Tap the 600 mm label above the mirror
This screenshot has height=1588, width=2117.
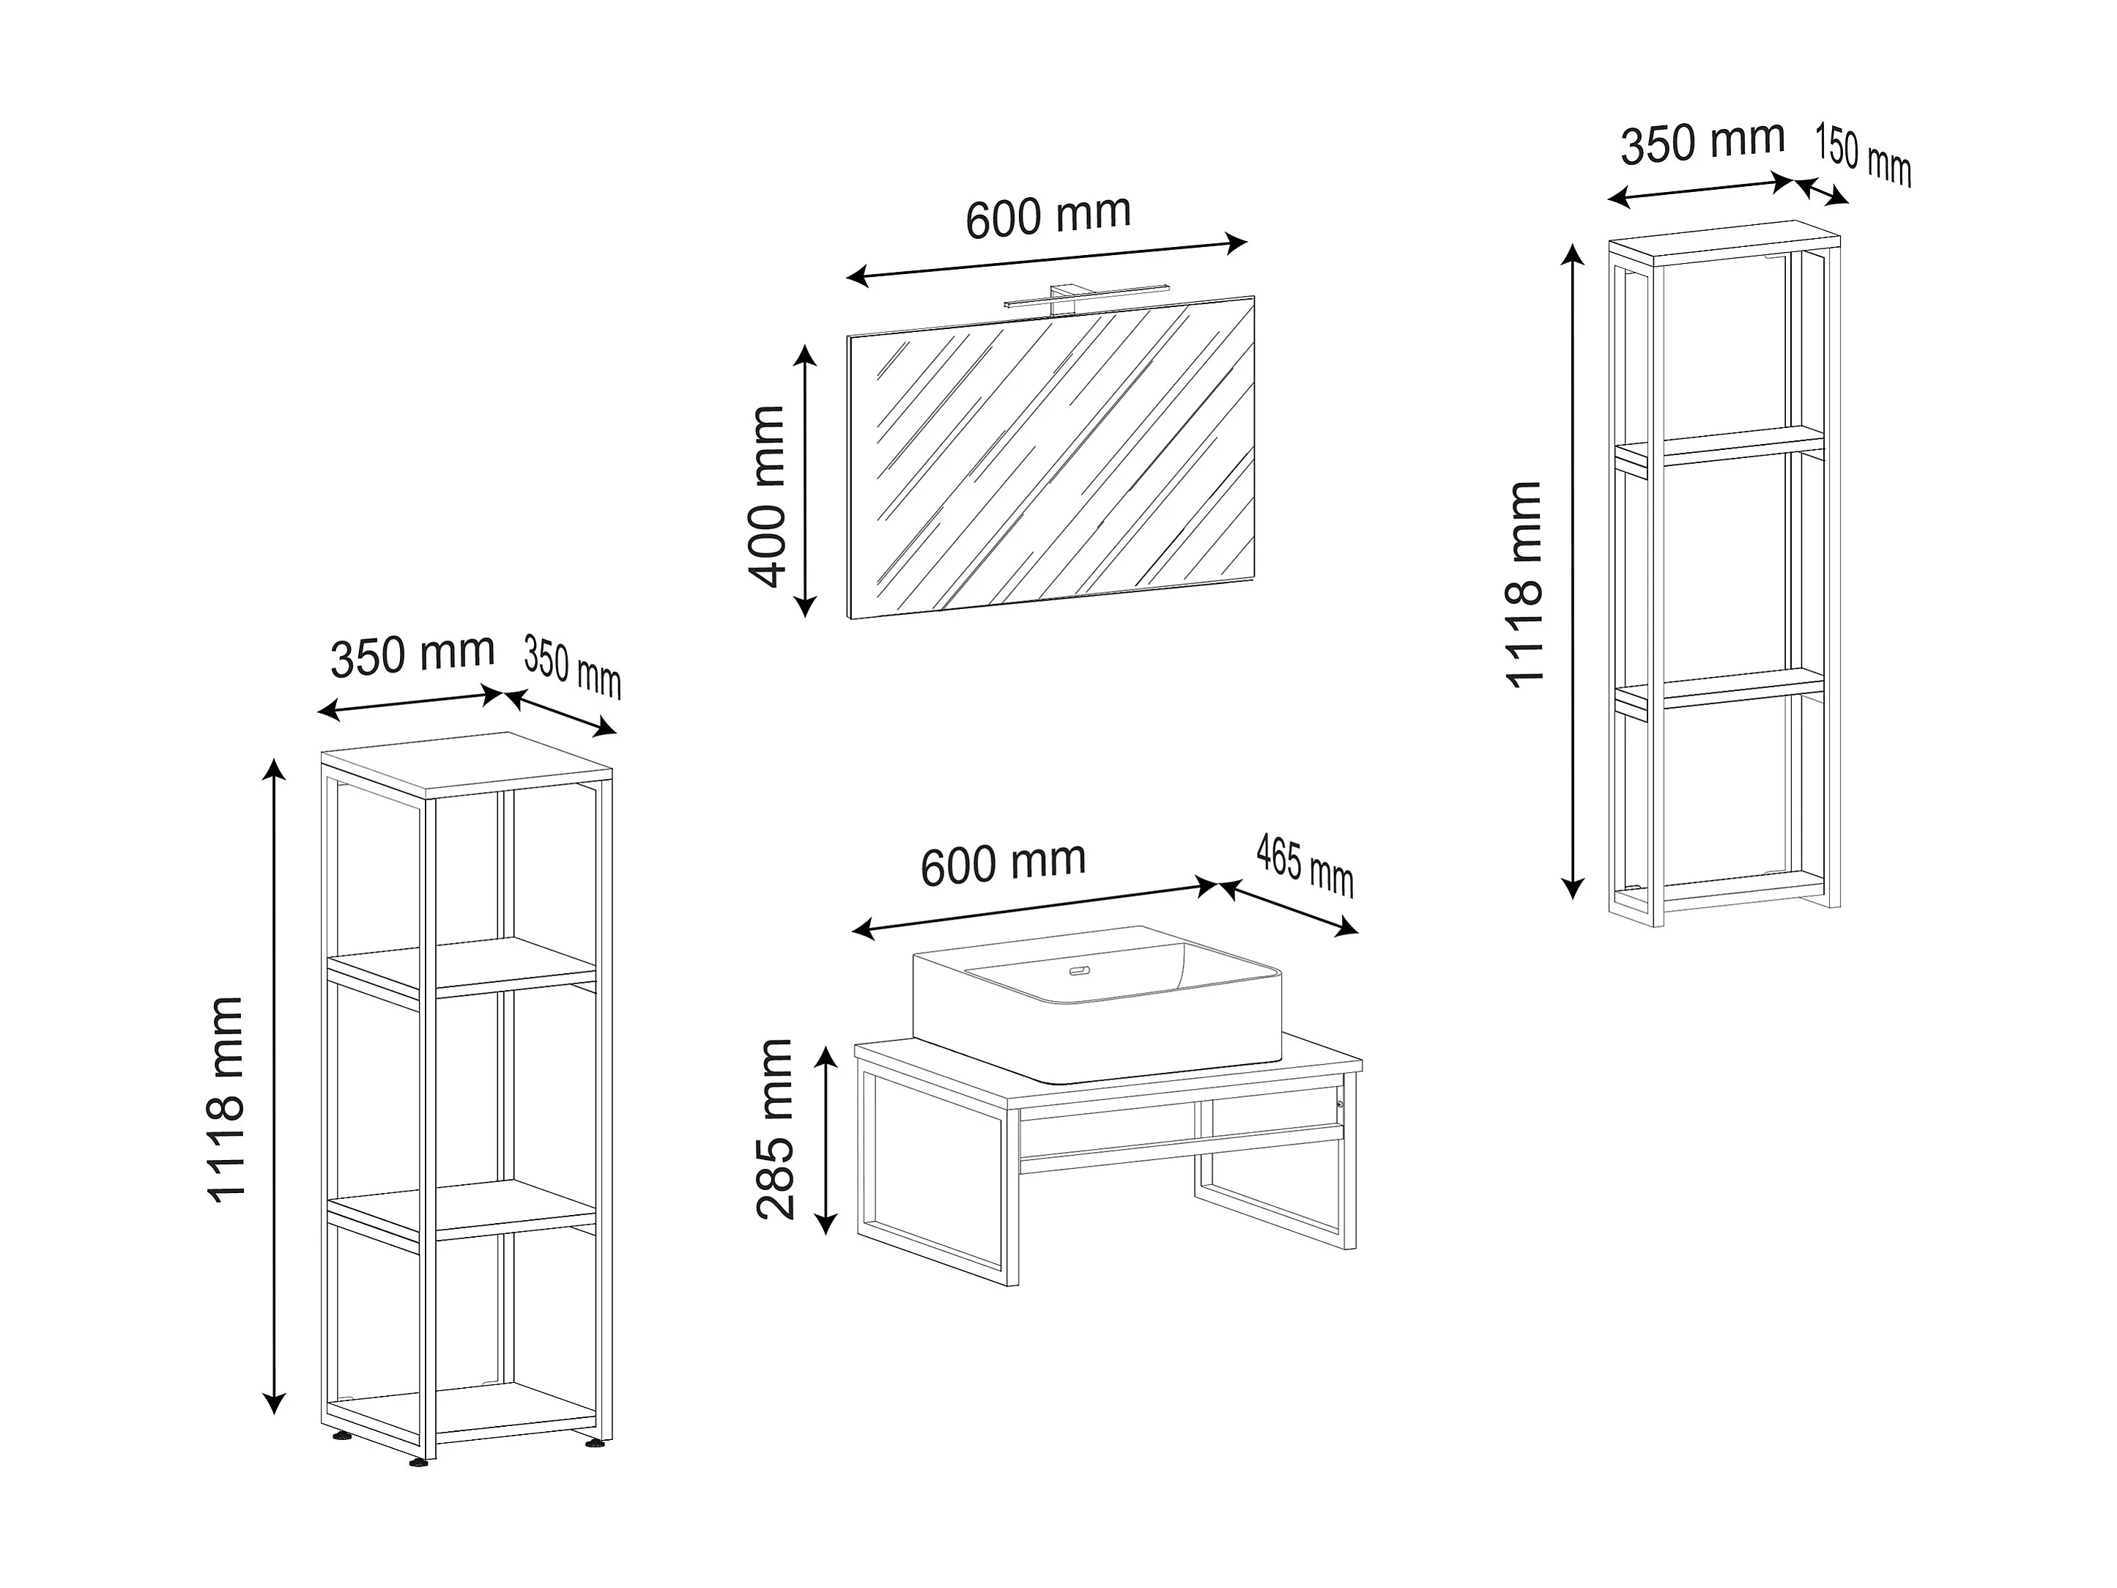coord(1048,216)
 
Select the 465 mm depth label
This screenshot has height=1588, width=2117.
coord(1305,865)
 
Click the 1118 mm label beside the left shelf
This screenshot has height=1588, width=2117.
coord(227,1098)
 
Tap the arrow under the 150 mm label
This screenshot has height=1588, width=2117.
coord(1821,191)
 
